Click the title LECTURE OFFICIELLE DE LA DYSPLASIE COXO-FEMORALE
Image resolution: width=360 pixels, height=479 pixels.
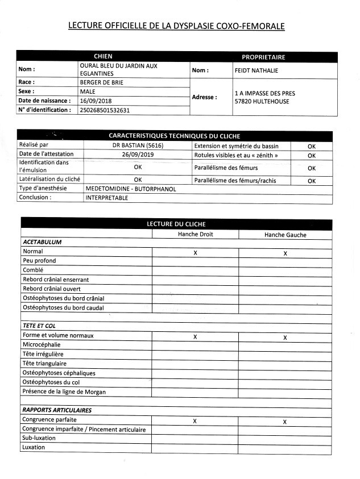click(x=176, y=26)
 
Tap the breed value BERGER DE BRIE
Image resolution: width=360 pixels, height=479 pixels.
click(x=102, y=82)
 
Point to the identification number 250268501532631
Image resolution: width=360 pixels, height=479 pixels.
click(x=105, y=110)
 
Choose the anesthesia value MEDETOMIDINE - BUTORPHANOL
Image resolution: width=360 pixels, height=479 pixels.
click(x=131, y=189)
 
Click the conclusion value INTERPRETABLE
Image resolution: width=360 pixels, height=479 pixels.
click(x=107, y=198)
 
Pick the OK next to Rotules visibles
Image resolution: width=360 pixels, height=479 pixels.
click(x=311, y=155)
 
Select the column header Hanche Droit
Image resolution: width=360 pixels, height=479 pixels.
click(x=195, y=234)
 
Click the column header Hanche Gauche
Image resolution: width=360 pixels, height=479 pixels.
click(x=285, y=235)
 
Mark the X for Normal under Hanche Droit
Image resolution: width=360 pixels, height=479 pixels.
click(x=195, y=252)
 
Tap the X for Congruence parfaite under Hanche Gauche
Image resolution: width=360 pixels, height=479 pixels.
click(x=285, y=422)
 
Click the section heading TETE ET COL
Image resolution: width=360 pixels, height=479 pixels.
click(x=39, y=326)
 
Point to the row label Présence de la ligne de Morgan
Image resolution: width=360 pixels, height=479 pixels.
click(x=64, y=391)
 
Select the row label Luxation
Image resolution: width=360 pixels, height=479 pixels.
click(x=33, y=447)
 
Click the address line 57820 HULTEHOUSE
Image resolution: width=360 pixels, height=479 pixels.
click(x=262, y=102)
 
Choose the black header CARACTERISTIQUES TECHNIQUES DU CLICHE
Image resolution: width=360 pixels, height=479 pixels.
click(x=174, y=136)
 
